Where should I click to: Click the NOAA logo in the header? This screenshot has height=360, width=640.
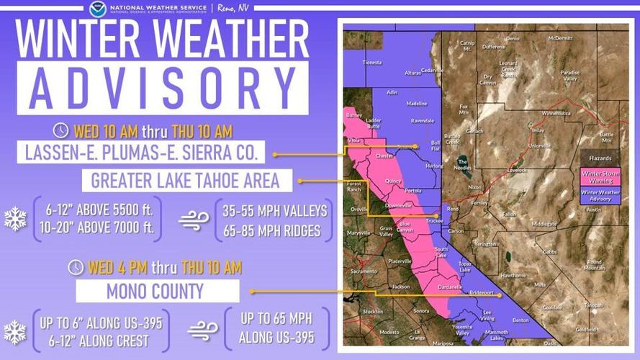(x=98, y=9)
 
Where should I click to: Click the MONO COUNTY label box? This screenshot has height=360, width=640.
(x=157, y=292)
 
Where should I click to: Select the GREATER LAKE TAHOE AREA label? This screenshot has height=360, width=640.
(x=186, y=181)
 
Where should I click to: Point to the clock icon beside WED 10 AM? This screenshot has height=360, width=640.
(x=62, y=131)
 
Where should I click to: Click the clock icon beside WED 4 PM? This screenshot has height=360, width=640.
(x=76, y=268)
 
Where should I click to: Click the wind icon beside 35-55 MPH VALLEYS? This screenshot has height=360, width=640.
(x=194, y=219)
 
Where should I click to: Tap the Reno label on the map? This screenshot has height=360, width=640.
(x=453, y=209)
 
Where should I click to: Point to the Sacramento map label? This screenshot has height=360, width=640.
(x=363, y=271)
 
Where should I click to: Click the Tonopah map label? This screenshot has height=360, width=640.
(x=593, y=305)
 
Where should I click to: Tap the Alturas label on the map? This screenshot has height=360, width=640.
(x=413, y=73)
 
